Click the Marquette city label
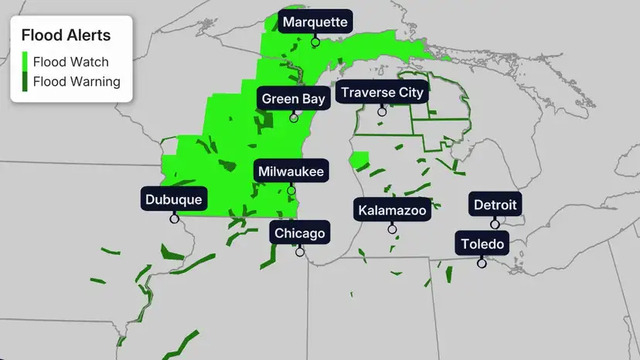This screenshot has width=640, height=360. [315, 22]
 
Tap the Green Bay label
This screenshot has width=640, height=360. [294, 98]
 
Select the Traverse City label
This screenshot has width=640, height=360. [382, 93]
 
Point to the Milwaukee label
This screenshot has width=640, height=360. [291, 172]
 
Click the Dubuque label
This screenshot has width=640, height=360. [174, 199]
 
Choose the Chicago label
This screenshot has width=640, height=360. [300, 233]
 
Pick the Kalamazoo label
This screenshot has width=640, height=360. [392, 209]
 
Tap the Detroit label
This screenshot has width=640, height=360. [495, 205]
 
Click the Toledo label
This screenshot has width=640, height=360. [482, 243]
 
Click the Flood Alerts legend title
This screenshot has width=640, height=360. [66, 35]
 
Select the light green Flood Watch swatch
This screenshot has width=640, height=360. [25, 61]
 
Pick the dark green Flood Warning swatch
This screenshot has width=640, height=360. [25, 81]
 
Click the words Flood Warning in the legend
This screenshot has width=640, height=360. [76, 81]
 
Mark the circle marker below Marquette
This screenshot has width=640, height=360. [315, 41]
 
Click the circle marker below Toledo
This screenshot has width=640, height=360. [482, 262]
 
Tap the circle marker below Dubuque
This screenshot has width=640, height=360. [174, 218]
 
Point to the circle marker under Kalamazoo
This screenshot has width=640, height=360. [392, 229]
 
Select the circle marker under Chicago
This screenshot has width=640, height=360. [300, 252]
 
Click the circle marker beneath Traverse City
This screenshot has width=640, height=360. [382, 112]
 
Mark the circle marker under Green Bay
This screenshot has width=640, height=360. [294, 117]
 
